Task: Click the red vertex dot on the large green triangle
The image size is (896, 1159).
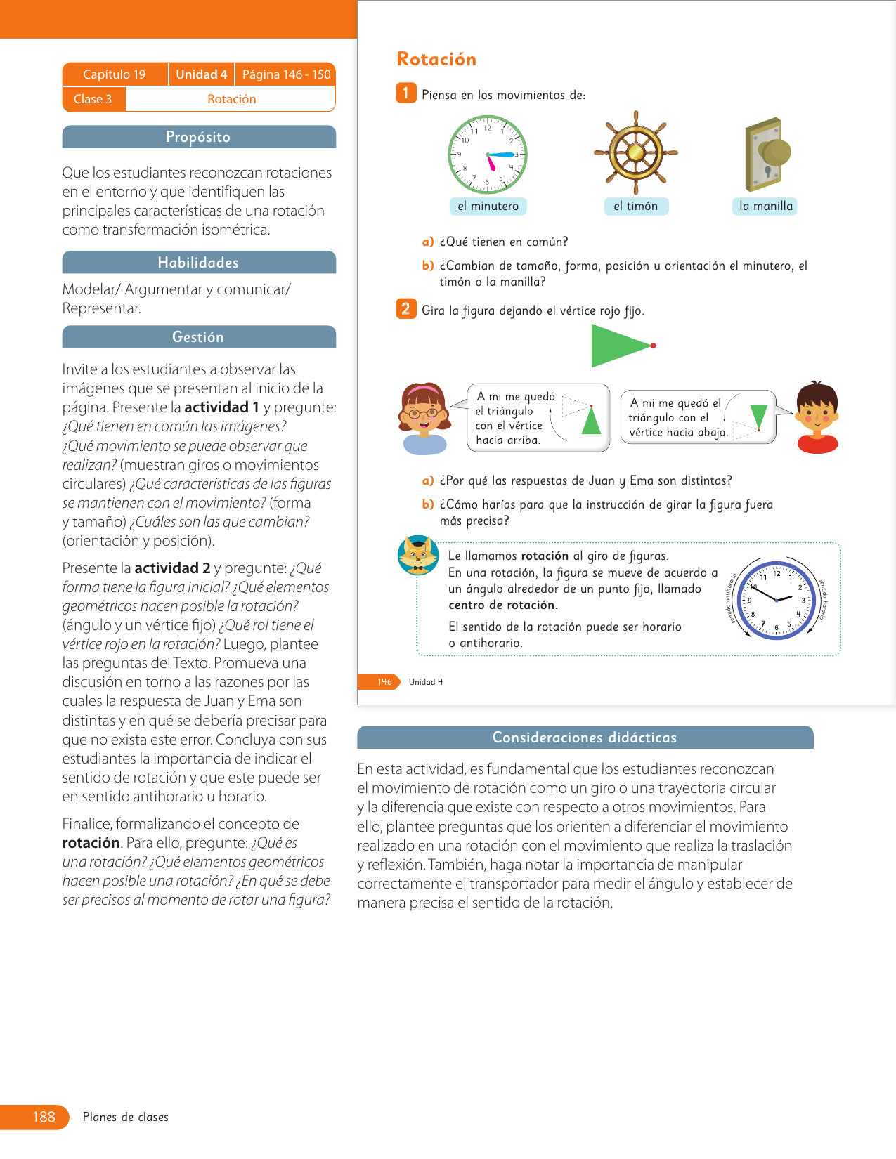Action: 653,346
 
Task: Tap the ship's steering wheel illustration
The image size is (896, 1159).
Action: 635,152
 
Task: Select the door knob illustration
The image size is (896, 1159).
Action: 766,155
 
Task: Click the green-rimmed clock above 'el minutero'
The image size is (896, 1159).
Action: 488,155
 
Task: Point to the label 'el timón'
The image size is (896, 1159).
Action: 635,206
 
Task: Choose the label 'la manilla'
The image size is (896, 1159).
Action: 765,206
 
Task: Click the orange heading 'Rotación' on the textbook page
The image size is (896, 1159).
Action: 436,60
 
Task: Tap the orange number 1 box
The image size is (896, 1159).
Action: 405,93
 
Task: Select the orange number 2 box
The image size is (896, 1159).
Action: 405,308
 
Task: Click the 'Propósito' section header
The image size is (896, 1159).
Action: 199,137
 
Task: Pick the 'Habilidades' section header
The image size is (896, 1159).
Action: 199,262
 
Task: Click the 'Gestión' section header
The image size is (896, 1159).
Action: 199,337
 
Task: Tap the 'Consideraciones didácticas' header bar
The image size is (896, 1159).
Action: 585,738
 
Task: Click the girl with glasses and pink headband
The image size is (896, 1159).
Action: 424,418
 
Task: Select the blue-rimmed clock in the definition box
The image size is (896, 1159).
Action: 776,600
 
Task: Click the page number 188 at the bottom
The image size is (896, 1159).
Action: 44,1117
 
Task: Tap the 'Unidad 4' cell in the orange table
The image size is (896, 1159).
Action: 201,74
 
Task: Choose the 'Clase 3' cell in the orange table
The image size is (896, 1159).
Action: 93,99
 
